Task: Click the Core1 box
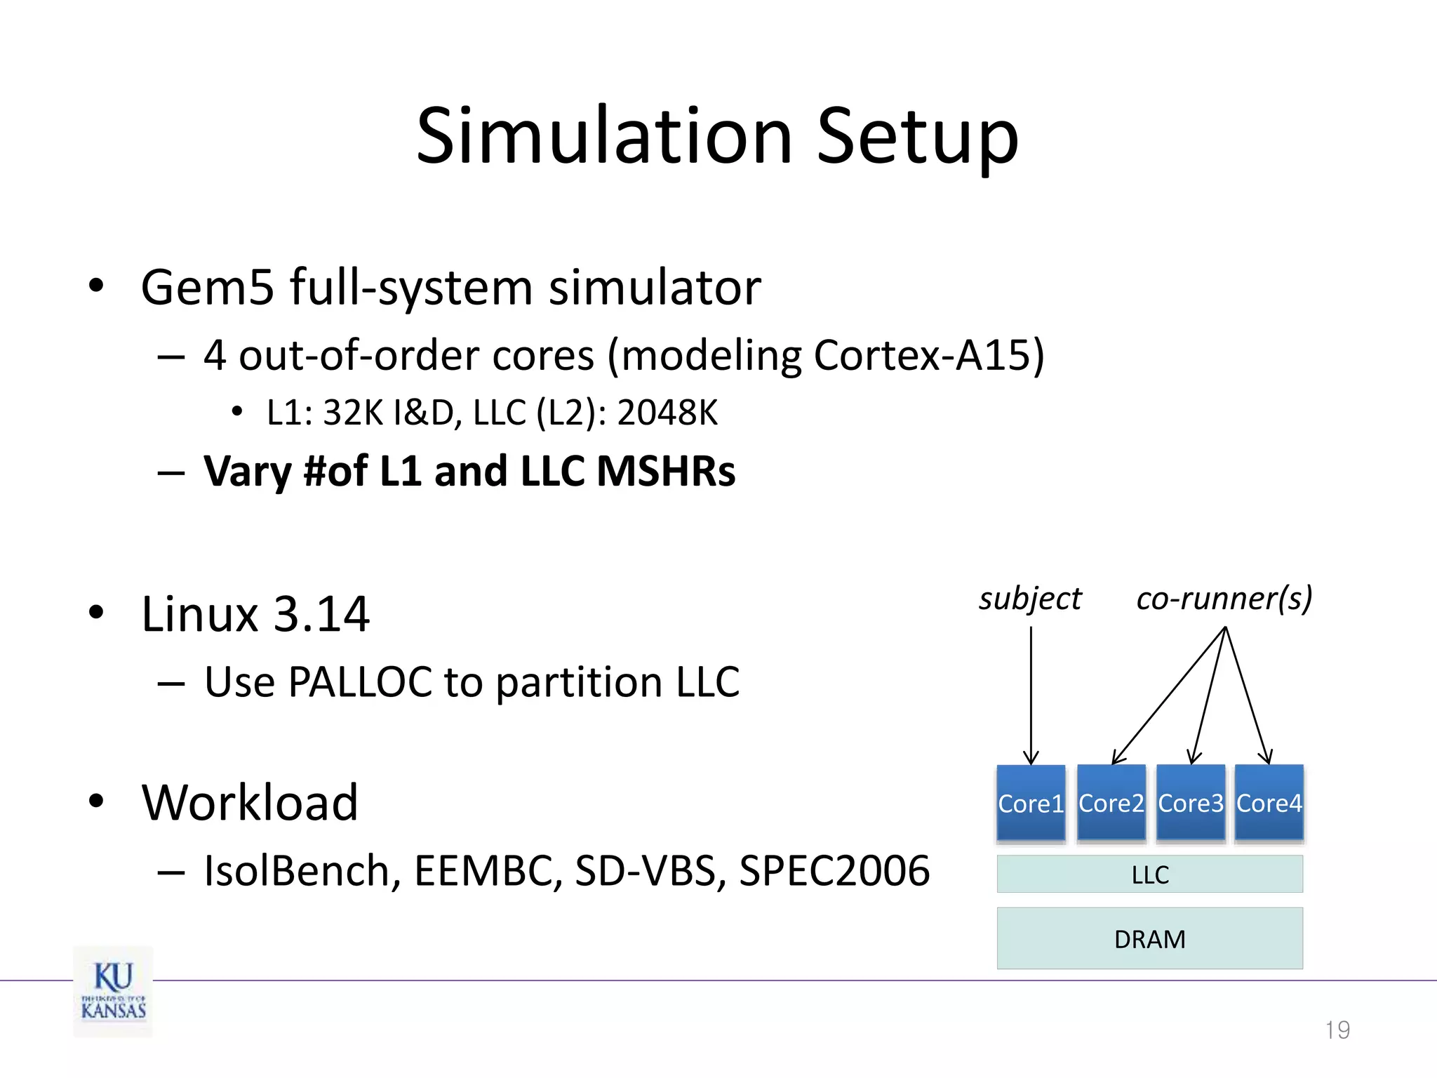(1031, 803)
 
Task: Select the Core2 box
(1111, 803)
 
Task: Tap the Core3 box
(1190, 803)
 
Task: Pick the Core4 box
(1269, 803)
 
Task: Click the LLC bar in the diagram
(1149, 874)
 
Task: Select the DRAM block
(1149, 938)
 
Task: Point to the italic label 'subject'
(1029, 599)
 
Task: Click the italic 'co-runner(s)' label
(1224, 599)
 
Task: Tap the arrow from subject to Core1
(1031, 695)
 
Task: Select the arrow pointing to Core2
(1168, 695)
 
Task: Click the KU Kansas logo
(113, 991)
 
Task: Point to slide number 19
(1337, 1030)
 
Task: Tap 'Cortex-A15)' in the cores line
(929, 355)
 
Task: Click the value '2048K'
(667, 413)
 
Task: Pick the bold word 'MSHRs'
(665, 471)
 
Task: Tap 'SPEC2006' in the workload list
(834, 871)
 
